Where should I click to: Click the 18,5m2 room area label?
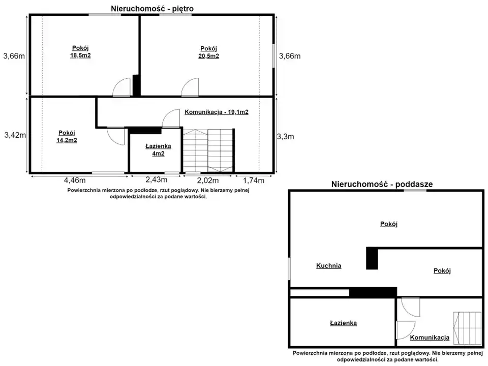pyautogui.click(x=80, y=56)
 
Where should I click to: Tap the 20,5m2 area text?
pyautogui.click(x=208, y=56)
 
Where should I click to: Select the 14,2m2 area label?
pyautogui.click(x=67, y=140)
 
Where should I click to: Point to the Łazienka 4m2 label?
pyautogui.click(x=158, y=149)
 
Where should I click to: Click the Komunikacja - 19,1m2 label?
pyautogui.click(x=217, y=112)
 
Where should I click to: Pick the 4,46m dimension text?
pyautogui.click(x=75, y=180)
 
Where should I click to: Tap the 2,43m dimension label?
pyautogui.click(x=156, y=180)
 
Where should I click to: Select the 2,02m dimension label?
pyautogui.click(x=207, y=180)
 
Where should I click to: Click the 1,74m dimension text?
pyautogui.click(x=253, y=180)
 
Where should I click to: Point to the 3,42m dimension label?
pyautogui.click(x=15, y=135)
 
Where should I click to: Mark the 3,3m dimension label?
pyautogui.click(x=285, y=137)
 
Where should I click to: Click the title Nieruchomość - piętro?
pyautogui.click(x=152, y=9)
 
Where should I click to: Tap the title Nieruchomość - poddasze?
pyautogui.click(x=382, y=184)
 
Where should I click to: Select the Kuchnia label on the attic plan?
pyautogui.click(x=329, y=266)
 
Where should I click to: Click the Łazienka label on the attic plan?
pyautogui.click(x=343, y=323)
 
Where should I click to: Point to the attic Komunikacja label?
pyautogui.click(x=430, y=338)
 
